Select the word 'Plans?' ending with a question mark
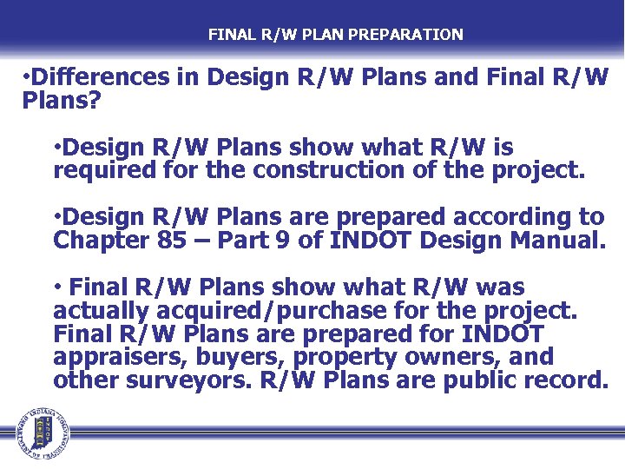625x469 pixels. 62,102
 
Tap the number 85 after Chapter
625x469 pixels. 169,240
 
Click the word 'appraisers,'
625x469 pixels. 118,358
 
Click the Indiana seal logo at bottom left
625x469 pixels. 40,433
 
